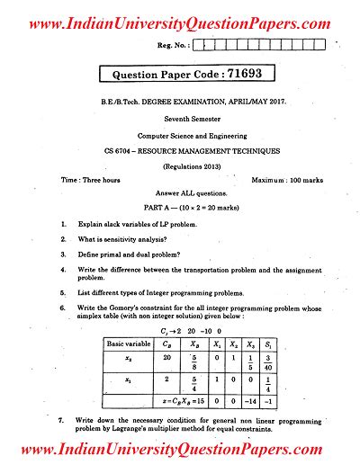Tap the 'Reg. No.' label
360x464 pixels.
click(175, 43)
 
